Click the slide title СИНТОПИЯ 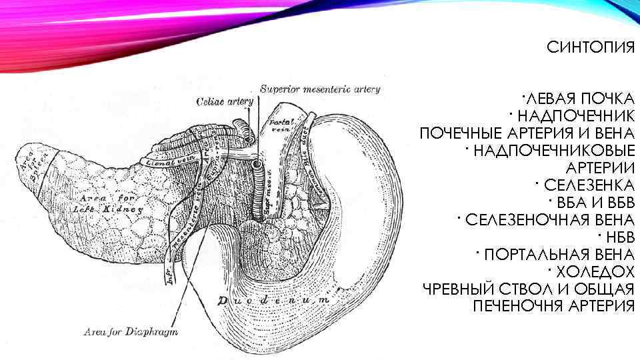tap(590, 47)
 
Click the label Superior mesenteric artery tap(320, 89)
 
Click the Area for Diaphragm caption tap(131, 331)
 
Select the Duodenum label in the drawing tap(273, 300)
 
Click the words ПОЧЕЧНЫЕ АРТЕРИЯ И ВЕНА tap(527, 133)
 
